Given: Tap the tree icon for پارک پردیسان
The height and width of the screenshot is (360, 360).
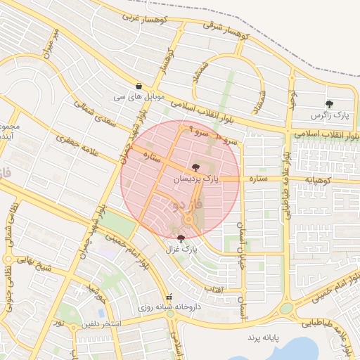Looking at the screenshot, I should tap(195, 167).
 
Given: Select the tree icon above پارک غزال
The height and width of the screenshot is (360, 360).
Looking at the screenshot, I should tap(181, 239).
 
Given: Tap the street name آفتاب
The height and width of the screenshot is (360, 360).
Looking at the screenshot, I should tap(213, 288).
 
